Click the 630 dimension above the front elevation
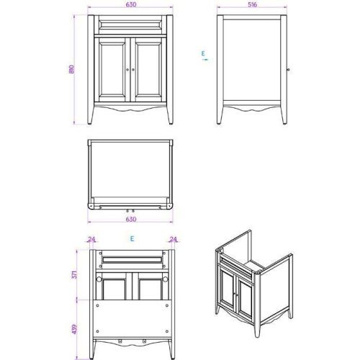[130, 5]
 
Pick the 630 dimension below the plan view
[130, 220]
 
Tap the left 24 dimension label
[91, 240]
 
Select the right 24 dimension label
[173, 240]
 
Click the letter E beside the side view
[204, 53]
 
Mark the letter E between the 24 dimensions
[132, 238]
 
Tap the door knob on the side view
[287, 70]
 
